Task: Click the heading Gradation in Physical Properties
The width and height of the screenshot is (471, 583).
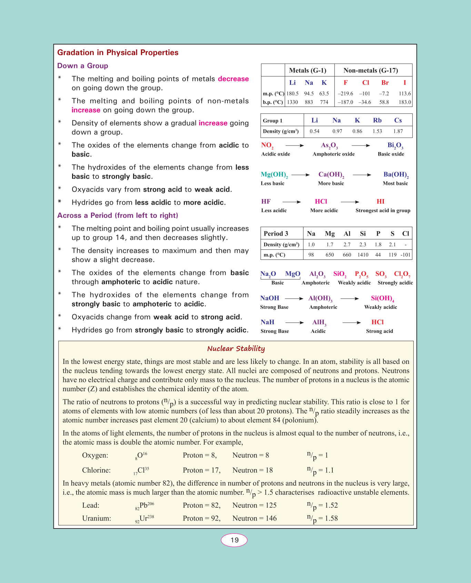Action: [x=118, y=52]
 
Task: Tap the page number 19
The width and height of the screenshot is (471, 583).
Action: [x=234, y=540]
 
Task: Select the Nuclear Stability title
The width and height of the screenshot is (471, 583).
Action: [x=236, y=348]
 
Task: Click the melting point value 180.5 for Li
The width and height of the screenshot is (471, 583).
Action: [x=292, y=93]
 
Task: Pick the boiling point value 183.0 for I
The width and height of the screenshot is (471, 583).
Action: [x=405, y=102]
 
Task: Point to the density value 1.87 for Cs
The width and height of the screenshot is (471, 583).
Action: [x=398, y=131]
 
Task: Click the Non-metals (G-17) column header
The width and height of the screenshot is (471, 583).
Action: [x=371, y=70]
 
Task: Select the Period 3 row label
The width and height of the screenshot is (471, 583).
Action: [x=276, y=234]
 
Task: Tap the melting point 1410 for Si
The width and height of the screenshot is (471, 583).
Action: [x=363, y=255]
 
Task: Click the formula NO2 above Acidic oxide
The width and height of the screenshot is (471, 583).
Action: [x=267, y=145]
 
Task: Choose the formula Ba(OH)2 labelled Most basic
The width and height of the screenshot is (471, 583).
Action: [x=396, y=175]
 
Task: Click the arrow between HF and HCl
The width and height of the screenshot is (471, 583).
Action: [x=291, y=202]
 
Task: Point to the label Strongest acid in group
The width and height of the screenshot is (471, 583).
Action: [x=383, y=210]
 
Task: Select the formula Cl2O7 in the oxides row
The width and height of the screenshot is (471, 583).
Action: [x=402, y=274]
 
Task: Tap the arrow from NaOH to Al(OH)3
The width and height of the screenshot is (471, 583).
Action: [x=294, y=298]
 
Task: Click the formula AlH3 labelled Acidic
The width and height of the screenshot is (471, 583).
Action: [x=319, y=322]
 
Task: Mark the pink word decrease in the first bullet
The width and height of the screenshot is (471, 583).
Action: [x=233, y=79]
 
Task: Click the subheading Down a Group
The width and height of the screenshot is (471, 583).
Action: [x=82, y=66]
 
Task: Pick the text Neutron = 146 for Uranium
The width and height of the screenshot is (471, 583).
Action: [x=254, y=518]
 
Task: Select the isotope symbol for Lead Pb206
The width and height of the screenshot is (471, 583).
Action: [x=145, y=506]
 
